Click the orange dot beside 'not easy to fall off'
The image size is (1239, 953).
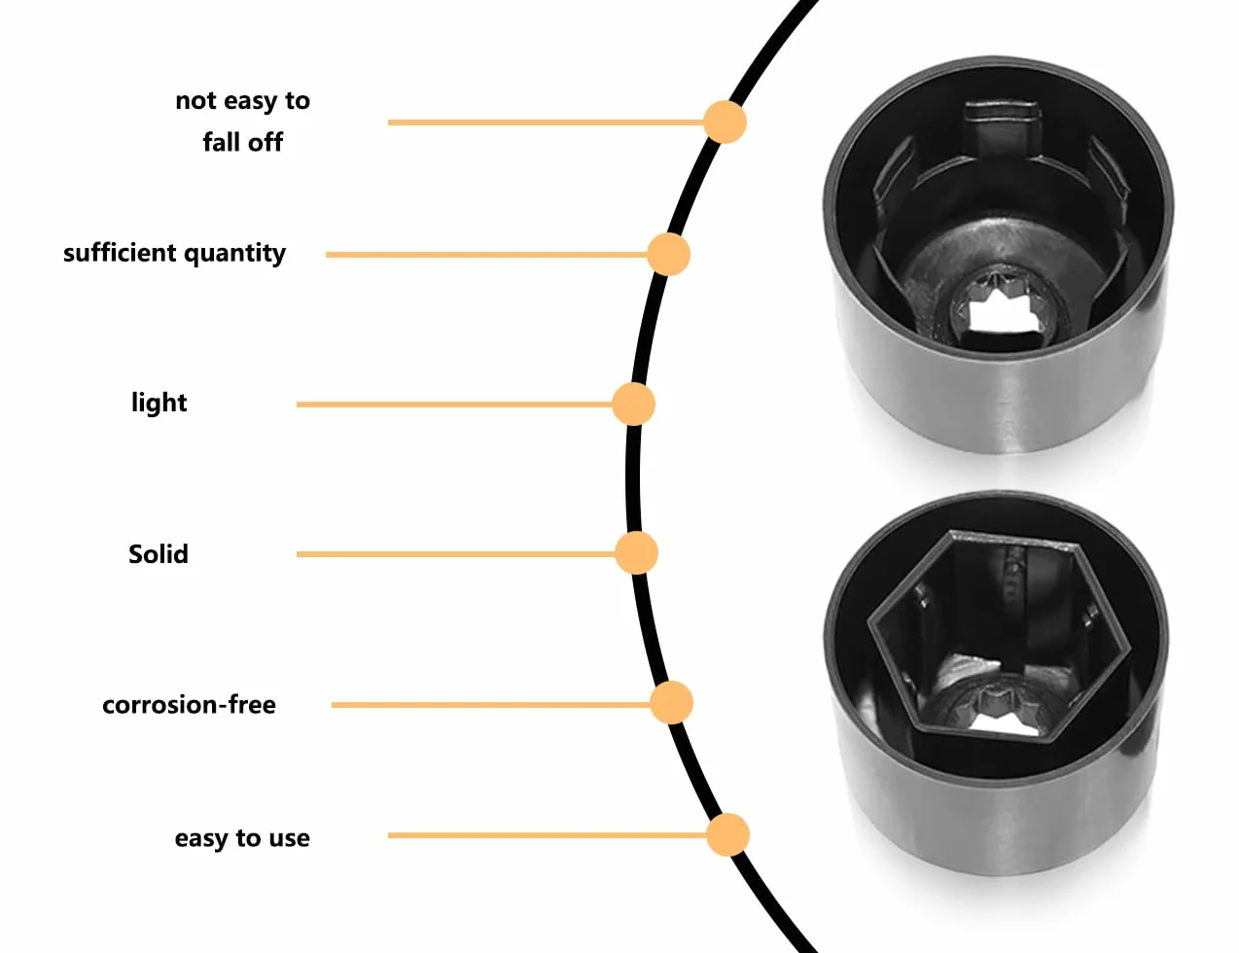click(725, 122)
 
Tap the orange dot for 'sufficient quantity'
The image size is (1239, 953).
click(669, 254)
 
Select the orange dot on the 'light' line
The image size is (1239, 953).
click(633, 405)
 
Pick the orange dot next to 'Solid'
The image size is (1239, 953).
click(636, 553)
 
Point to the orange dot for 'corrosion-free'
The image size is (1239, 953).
click(672, 703)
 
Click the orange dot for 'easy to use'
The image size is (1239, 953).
click(727, 835)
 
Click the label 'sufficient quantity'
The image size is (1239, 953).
click(174, 254)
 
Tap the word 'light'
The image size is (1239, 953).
click(159, 403)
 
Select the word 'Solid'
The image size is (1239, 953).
click(159, 554)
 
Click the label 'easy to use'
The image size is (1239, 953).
click(242, 838)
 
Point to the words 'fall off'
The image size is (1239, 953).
click(243, 142)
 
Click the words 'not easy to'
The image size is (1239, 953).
click(243, 101)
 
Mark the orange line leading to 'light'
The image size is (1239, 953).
click(454, 405)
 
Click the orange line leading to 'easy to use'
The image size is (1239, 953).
click(548, 835)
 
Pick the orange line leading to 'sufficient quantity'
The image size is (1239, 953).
click(486, 254)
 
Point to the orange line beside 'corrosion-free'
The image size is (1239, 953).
click(491, 705)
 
